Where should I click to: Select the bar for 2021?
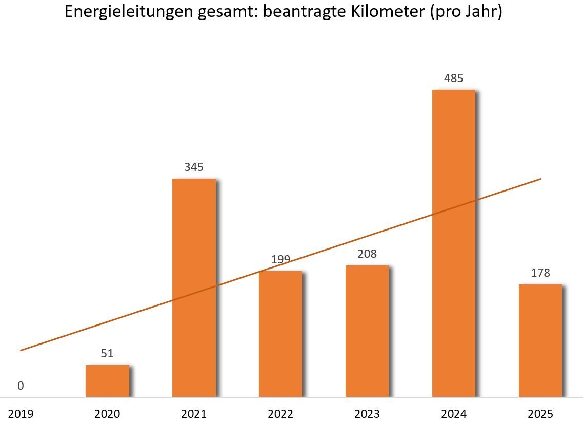point(194,288)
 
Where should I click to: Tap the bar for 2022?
point(280,334)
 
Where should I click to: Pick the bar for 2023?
point(367,331)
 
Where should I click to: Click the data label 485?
point(454,79)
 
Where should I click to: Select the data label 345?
point(194,167)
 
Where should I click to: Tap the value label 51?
point(107,354)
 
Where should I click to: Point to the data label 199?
point(280,259)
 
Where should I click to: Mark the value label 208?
point(367,254)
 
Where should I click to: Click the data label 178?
point(540,273)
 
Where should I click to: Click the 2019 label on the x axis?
point(21,414)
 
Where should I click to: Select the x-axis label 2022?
point(280,414)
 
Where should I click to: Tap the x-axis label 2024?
point(454,414)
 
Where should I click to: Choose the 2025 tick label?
point(540,414)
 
